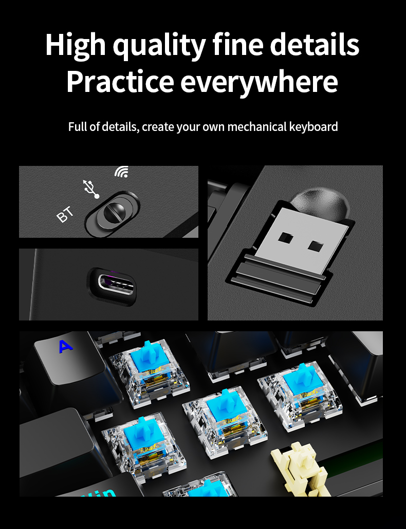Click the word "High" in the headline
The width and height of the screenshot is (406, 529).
click(75, 45)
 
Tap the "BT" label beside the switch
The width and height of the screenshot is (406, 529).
click(65, 215)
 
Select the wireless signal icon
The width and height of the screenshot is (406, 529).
click(121, 172)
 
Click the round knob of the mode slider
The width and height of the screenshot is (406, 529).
click(114, 212)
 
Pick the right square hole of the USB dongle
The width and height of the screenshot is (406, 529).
click(315, 245)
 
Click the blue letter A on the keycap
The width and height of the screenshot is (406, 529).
click(65, 347)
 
